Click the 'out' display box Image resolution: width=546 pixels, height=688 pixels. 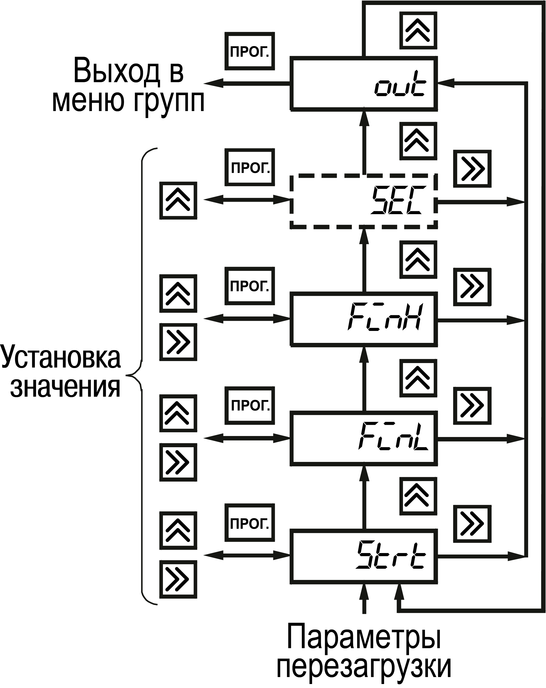click(x=363, y=84)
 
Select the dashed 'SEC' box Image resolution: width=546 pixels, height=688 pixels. click(x=363, y=201)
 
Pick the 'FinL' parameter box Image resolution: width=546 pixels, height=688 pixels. click(x=363, y=438)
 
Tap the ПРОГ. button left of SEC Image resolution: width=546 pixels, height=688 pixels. click(x=250, y=167)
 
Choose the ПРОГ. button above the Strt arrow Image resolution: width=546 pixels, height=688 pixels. click(x=250, y=523)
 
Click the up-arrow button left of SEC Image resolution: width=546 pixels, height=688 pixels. click(x=178, y=200)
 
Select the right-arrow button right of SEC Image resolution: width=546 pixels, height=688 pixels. click(x=472, y=169)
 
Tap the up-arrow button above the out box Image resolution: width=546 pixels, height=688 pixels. click(x=418, y=30)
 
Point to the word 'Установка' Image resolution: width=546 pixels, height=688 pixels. click(x=61, y=357)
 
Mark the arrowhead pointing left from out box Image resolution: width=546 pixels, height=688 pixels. click(x=212, y=84)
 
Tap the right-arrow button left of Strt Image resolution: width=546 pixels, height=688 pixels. click(x=178, y=579)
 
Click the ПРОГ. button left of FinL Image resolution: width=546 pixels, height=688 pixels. click(x=250, y=405)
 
